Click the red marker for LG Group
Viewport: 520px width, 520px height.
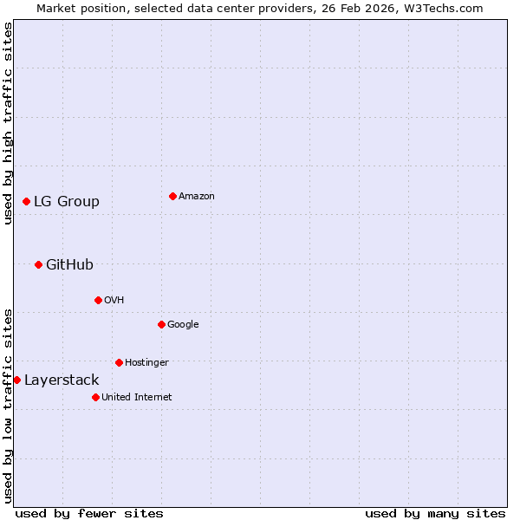(x=26, y=201)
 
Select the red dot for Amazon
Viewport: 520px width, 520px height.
(x=172, y=196)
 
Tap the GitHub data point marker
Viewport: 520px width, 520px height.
(x=38, y=264)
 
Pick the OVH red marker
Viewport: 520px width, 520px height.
(x=98, y=300)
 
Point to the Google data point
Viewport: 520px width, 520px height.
(x=161, y=324)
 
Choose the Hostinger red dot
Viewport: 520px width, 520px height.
(x=119, y=362)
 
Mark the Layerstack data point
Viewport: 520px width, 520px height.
(x=16, y=380)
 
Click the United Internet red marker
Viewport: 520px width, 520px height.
(x=95, y=397)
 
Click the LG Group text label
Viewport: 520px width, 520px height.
(x=67, y=201)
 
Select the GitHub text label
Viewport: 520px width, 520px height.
(x=69, y=264)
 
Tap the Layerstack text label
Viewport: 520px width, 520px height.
(x=62, y=380)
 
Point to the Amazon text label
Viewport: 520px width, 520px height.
(x=197, y=196)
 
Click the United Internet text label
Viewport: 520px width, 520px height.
(x=136, y=397)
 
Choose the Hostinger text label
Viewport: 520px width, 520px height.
(x=146, y=362)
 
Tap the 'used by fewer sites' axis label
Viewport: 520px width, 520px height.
(x=89, y=513)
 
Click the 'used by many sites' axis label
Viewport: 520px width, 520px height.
(x=435, y=513)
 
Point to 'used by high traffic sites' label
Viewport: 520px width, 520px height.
(x=8, y=123)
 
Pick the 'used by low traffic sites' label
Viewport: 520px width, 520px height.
(x=8, y=406)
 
